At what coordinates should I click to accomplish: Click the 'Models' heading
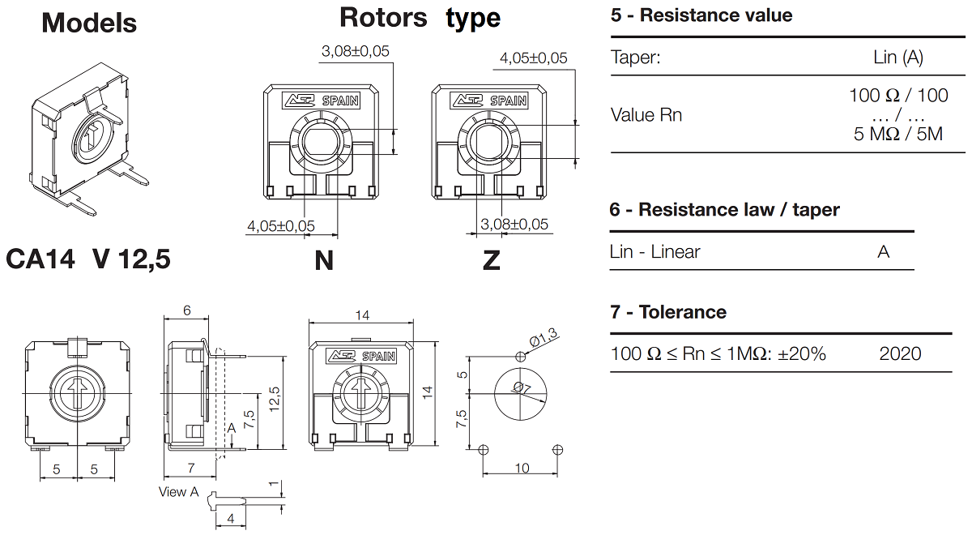(89, 23)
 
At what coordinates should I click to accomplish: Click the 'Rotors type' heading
(420, 17)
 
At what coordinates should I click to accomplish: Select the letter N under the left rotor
(324, 261)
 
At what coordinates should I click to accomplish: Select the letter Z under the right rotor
(491, 261)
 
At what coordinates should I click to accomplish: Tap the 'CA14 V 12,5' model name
(87, 259)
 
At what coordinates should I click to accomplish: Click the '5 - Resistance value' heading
(701, 15)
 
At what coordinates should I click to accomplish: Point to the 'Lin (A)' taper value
(898, 57)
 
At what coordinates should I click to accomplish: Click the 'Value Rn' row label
(646, 115)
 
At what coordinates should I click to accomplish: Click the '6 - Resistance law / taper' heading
(724, 210)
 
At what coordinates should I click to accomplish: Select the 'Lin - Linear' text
(654, 252)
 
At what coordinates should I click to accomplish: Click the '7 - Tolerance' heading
(667, 312)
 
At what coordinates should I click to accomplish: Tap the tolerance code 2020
(900, 353)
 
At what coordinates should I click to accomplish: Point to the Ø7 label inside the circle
(521, 390)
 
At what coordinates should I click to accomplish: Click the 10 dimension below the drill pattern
(522, 469)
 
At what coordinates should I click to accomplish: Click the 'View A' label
(178, 492)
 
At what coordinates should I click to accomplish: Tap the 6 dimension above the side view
(186, 310)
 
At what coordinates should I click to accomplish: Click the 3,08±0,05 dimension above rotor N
(355, 51)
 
